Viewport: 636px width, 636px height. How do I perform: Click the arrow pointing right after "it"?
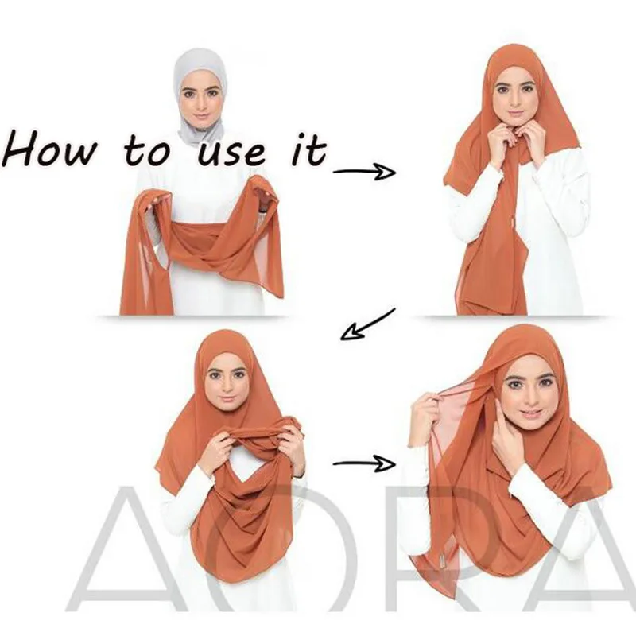coord(363,171)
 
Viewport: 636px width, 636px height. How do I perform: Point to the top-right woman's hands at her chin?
coord(517,143)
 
